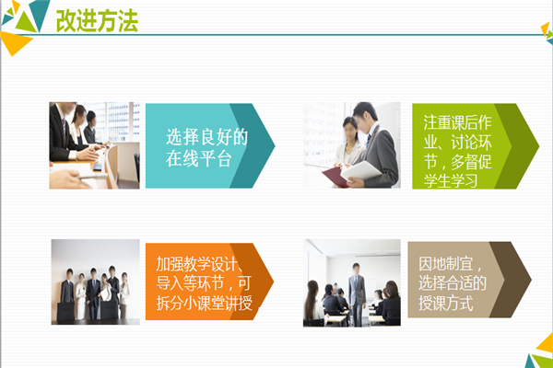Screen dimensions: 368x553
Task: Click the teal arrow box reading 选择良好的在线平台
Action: [x=207, y=145]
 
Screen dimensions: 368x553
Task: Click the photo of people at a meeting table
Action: [x=94, y=145]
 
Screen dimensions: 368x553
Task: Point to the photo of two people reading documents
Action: [x=352, y=145]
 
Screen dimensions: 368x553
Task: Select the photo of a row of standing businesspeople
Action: [x=95, y=282]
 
